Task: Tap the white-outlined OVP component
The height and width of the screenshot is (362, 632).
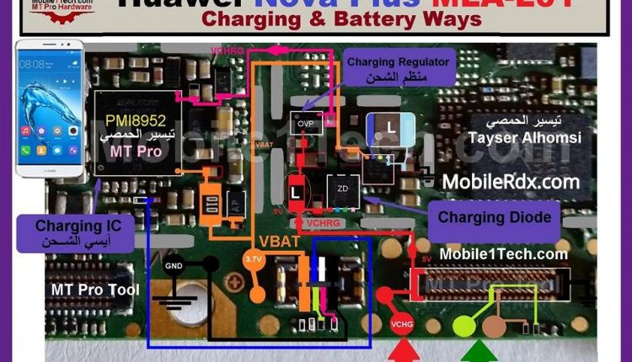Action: tap(305, 123)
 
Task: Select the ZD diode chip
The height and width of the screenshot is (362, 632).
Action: tap(342, 189)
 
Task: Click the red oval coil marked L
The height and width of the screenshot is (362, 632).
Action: tap(295, 192)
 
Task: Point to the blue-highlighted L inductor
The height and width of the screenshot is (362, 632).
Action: tap(390, 128)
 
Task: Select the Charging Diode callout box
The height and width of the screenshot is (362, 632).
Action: tap(494, 218)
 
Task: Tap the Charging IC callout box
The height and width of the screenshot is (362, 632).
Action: tap(78, 232)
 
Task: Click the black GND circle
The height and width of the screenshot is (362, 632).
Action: tap(173, 266)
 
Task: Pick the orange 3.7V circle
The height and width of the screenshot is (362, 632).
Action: tap(254, 261)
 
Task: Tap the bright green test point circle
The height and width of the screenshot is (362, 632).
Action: tap(464, 326)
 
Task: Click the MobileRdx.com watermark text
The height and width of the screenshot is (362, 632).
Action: tap(511, 181)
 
